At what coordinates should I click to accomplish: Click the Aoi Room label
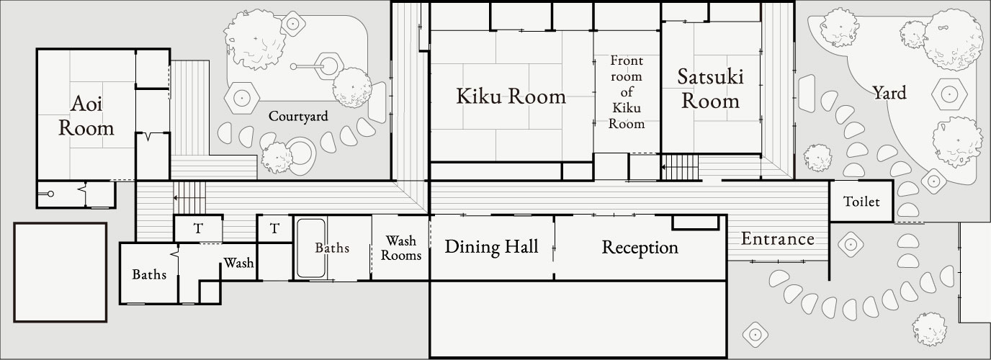tap(86, 117)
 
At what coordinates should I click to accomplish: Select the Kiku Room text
tap(511, 96)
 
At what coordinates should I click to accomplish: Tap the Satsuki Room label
tap(710, 88)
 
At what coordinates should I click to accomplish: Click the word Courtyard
tap(298, 116)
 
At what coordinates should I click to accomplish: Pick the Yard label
tap(889, 93)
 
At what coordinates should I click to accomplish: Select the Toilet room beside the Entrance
tap(861, 202)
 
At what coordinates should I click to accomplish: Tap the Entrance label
tap(778, 239)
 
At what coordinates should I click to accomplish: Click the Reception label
tap(640, 248)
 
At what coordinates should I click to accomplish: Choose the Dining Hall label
tap(491, 247)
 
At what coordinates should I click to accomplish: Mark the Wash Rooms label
tap(400, 247)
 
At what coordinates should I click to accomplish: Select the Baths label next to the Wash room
tap(150, 274)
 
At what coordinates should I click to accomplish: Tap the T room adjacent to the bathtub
tap(274, 229)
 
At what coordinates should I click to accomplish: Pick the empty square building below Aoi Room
tap(60, 272)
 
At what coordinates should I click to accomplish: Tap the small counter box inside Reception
tap(695, 222)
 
